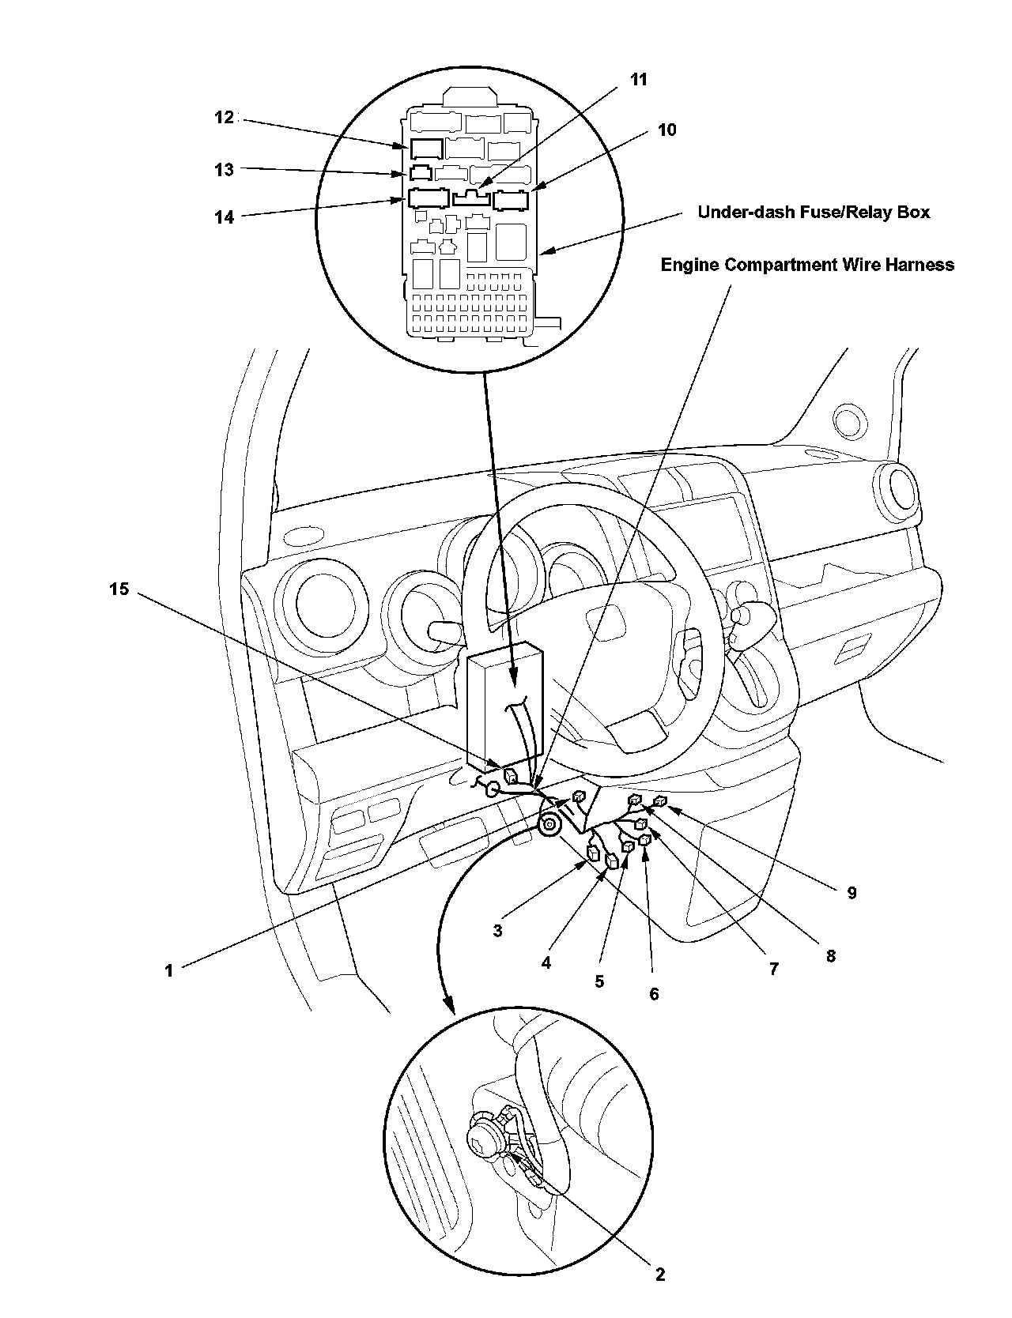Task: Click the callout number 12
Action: point(225,118)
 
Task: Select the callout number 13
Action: point(225,169)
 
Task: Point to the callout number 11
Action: point(638,79)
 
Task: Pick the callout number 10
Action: point(667,130)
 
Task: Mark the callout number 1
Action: point(168,970)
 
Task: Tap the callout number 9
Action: point(852,893)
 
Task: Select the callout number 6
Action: point(654,993)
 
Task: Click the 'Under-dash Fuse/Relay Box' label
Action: point(814,212)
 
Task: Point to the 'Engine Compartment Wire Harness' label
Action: point(807,265)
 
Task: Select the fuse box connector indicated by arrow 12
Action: point(426,149)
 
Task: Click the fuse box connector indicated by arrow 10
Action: point(511,199)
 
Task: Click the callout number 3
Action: point(497,931)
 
